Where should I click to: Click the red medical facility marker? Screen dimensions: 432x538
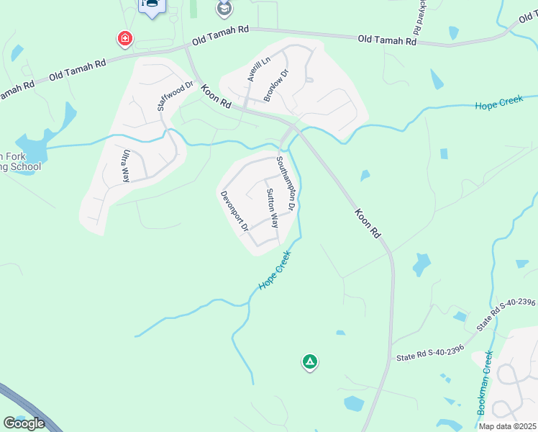125,37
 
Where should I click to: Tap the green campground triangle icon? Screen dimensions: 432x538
309,362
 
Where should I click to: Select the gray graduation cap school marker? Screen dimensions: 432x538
225,8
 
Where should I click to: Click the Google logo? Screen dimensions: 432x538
24,423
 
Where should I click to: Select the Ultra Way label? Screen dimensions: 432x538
125,165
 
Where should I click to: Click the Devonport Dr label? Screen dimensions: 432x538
234,211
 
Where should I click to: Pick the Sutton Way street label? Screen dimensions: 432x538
272,208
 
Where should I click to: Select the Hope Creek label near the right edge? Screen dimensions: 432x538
498,103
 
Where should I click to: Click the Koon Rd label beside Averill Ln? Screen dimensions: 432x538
216,96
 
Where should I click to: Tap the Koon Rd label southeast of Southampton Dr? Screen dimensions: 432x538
367,223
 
